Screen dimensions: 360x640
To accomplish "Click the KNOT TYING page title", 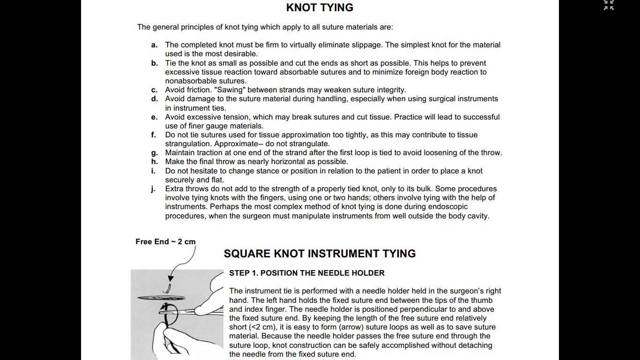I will pyautogui.click(x=320, y=7).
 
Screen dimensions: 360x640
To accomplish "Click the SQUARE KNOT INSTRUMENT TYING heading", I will pyautogui.click(x=320, y=254).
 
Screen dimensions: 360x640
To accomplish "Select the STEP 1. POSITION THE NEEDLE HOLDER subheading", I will pyautogui.click(x=306, y=273).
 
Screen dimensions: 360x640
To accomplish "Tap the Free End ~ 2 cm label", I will pyautogui.click(x=165, y=241).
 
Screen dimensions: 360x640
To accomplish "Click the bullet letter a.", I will pyautogui.click(x=154, y=45).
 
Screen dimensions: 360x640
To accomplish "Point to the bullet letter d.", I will pyautogui.click(x=154, y=99).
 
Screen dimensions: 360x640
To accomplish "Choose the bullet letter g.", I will pyautogui.click(x=154, y=153).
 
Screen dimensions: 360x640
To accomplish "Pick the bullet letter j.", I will pyautogui.click(x=153, y=189).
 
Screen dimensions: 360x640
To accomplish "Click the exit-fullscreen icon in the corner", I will pyautogui.click(x=609, y=5).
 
